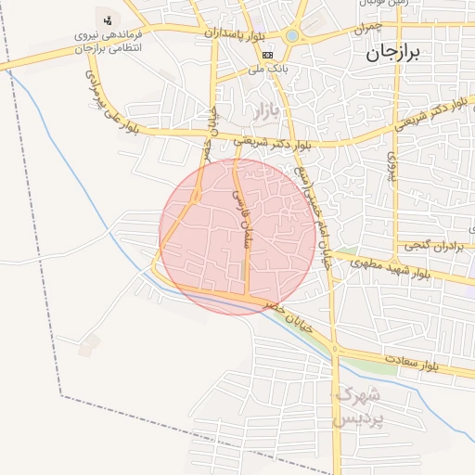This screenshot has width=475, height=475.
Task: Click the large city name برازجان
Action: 392,53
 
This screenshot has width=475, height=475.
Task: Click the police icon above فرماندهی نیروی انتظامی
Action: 109,19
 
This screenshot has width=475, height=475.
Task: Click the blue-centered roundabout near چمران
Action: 293,36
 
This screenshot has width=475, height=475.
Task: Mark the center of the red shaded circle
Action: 237,237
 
